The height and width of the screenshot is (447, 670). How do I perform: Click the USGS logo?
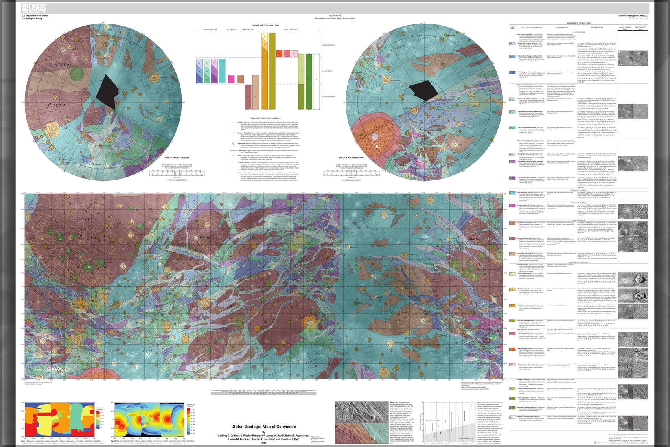pos(34,8)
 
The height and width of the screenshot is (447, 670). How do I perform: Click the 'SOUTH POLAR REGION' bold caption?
pos(351,158)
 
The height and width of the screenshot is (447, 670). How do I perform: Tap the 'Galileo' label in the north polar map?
pos(61,65)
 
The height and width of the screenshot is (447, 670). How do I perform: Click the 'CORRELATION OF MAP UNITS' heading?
pos(265,25)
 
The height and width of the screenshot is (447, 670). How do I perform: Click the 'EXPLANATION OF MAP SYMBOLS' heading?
pos(265,117)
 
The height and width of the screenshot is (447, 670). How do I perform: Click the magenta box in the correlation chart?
pos(230,79)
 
